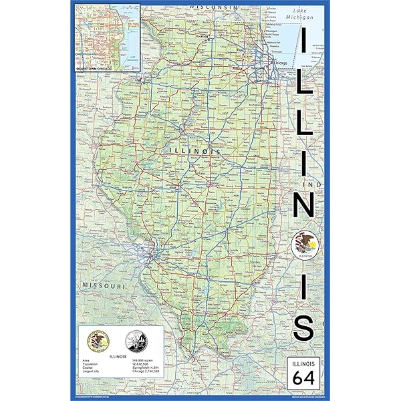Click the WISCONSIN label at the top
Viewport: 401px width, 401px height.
[213, 6]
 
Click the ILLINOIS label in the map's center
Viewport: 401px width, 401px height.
[198, 152]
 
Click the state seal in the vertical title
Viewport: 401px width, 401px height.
[305, 243]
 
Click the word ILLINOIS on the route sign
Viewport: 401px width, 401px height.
[304, 363]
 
